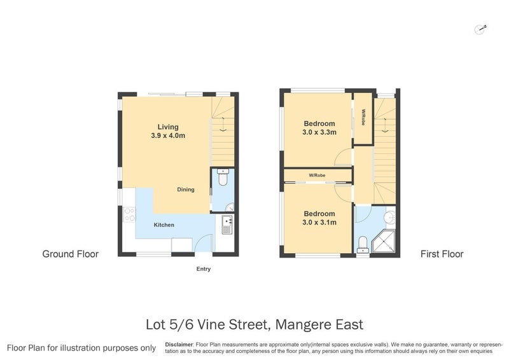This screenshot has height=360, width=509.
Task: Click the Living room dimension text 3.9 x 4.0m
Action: tap(168, 136)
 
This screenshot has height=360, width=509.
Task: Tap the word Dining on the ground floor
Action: tap(186, 190)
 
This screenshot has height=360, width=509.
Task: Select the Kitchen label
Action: tap(164, 225)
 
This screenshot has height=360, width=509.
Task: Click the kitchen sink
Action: tap(228, 224)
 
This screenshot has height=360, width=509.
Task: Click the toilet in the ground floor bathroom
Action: tap(221, 179)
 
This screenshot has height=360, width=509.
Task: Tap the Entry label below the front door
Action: tap(203, 269)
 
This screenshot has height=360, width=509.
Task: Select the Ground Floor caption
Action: tap(70, 254)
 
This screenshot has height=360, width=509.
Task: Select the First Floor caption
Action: tap(442, 254)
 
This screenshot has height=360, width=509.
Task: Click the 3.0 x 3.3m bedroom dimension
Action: tap(319, 132)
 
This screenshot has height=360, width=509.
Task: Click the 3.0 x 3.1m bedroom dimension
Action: tap(319, 223)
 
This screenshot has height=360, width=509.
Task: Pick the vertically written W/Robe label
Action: tap(363, 118)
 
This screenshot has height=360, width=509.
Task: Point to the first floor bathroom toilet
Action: tap(362, 243)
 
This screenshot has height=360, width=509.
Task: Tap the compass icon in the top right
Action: tap(481, 28)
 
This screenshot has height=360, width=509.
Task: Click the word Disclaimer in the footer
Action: tap(179, 344)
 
